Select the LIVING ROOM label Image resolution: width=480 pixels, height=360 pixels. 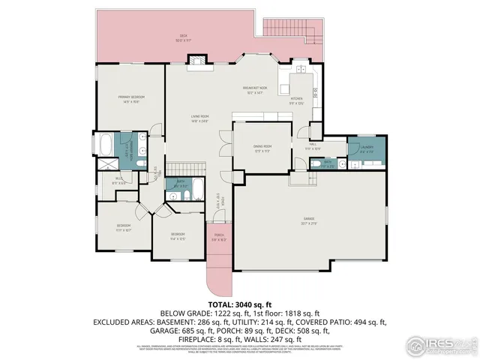(199, 118)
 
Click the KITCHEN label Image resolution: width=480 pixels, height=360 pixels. (296, 100)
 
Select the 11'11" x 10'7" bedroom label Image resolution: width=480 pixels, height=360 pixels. (124, 227)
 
